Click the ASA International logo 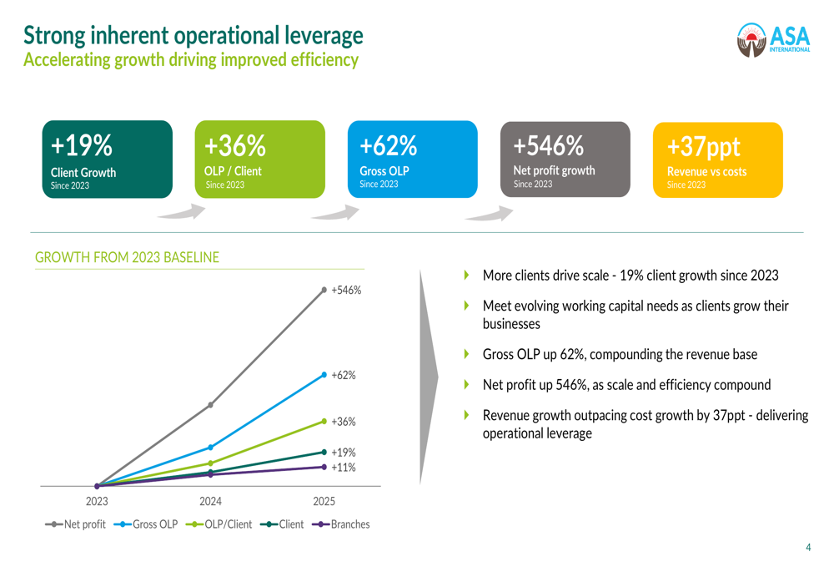(773, 38)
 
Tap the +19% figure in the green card (81, 146)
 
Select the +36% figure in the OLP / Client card (234, 146)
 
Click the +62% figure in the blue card (388, 146)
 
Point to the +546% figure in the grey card (548, 146)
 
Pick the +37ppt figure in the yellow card (703, 147)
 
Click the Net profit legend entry (76, 524)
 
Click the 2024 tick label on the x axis (210, 502)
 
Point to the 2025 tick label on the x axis (324, 502)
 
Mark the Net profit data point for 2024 (210, 405)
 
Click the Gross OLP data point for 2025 (324, 375)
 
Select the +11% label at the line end (344, 468)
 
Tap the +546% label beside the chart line (346, 291)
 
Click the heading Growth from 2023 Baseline (127, 258)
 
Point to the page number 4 (807, 548)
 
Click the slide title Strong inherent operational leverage (193, 35)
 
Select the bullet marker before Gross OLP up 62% (467, 354)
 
